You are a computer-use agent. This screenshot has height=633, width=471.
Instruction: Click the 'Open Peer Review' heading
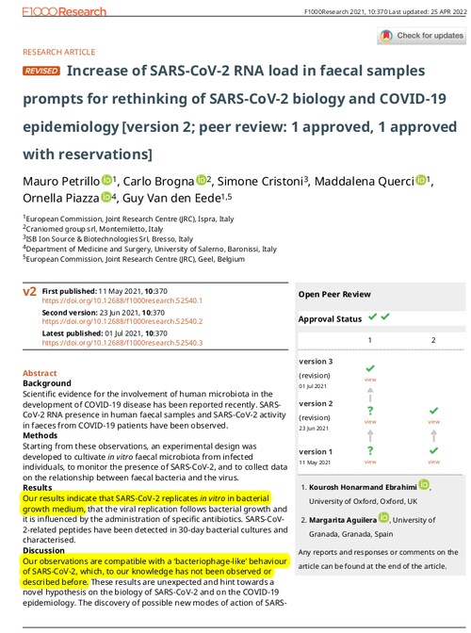(x=334, y=294)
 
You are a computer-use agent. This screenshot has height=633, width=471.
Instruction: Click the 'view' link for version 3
(x=370, y=378)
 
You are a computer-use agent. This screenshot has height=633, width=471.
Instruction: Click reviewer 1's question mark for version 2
(x=370, y=411)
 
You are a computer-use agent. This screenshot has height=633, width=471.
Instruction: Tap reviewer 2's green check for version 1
(x=433, y=451)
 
